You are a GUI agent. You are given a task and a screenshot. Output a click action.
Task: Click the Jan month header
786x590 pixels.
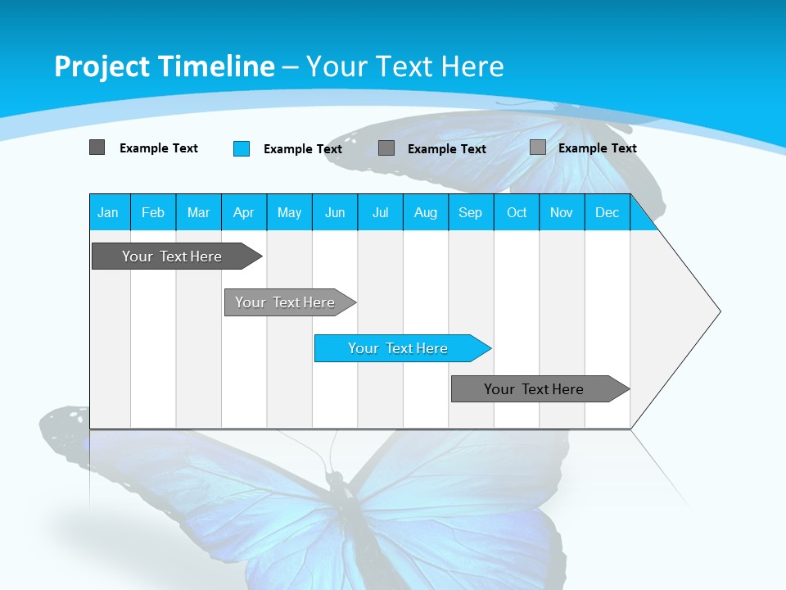coord(109,212)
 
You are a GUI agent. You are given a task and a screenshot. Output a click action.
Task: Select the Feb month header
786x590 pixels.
coord(153,212)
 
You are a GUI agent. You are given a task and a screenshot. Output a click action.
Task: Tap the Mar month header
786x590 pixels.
coord(198,212)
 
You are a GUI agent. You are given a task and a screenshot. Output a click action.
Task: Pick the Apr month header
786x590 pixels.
coord(244,212)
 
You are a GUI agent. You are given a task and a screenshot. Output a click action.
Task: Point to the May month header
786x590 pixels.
coord(289,212)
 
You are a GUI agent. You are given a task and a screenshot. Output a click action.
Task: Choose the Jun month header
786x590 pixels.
coord(335,212)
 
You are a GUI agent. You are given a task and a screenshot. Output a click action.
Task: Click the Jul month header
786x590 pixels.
coord(380,212)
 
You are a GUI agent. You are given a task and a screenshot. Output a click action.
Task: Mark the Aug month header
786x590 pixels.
coord(426,212)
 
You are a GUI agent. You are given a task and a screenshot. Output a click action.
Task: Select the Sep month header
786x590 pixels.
coord(471,212)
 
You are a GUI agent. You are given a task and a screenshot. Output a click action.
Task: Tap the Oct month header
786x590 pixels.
coord(517,212)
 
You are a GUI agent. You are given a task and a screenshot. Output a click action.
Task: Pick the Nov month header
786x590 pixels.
coord(562,212)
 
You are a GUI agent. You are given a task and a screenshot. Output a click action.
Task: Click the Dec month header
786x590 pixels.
coord(608,212)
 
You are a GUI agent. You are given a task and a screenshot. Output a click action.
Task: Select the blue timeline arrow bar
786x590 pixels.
coord(399,348)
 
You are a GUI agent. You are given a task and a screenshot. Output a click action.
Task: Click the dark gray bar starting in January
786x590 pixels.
coord(173,256)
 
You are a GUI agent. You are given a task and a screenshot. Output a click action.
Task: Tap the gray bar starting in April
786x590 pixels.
coord(286,302)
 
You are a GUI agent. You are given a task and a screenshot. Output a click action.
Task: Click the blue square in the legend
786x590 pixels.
coord(242,148)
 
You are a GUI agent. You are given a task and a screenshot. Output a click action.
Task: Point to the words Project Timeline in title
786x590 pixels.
coord(165,66)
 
